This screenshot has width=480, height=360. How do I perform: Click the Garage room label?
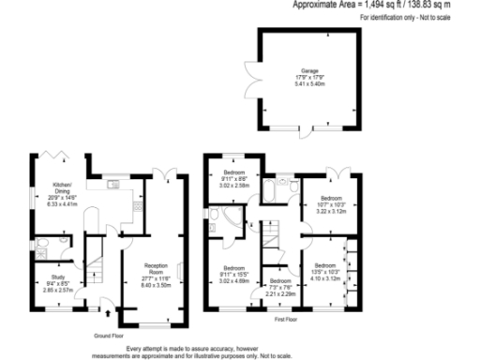click(309, 70)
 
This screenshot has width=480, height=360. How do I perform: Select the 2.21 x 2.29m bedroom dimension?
click(279, 293)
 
